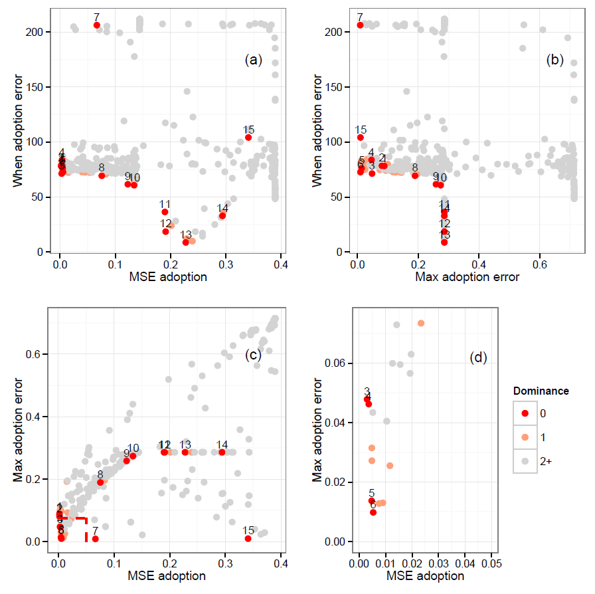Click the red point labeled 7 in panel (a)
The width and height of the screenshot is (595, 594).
click(x=97, y=25)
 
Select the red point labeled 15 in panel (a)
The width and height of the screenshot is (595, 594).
click(x=248, y=138)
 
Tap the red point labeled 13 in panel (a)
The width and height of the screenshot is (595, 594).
click(x=186, y=242)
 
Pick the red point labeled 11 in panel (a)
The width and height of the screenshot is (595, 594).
click(x=165, y=212)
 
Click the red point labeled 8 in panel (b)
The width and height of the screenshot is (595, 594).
click(x=415, y=175)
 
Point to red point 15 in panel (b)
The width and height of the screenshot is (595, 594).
click(x=361, y=138)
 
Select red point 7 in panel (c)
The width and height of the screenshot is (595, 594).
click(x=96, y=539)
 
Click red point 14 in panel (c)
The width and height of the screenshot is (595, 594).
click(x=222, y=452)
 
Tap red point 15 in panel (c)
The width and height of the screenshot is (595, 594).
click(x=248, y=539)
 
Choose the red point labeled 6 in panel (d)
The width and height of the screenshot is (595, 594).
click(x=373, y=512)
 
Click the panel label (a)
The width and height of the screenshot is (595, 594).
click(x=254, y=60)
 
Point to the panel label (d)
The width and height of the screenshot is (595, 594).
click(x=478, y=358)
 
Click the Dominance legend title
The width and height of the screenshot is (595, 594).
click(x=541, y=391)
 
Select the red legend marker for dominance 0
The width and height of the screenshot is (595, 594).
click(x=525, y=413)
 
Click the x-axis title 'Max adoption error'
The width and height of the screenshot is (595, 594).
click(x=467, y=277)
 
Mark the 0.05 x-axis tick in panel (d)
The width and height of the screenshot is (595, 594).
click(x=491, y=563)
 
